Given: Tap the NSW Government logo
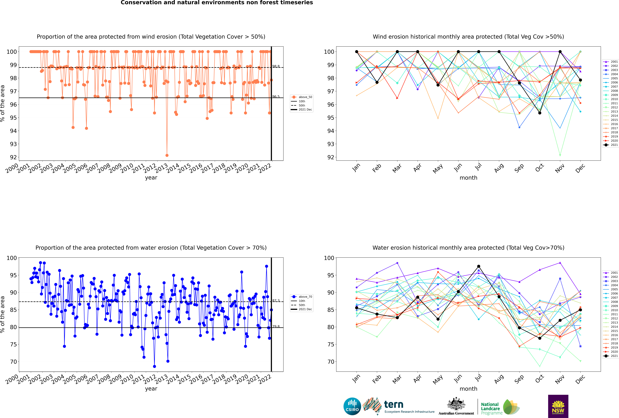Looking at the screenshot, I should pos(558,406).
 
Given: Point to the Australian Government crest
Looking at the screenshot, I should pos(456,404).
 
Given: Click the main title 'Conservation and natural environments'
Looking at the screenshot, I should pos(217,3).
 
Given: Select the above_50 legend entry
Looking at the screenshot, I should pos(302,97).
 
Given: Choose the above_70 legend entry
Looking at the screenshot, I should pos(302,297).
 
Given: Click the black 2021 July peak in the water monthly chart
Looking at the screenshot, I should pos(478,266).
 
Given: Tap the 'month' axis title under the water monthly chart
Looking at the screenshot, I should pos(468,389).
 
